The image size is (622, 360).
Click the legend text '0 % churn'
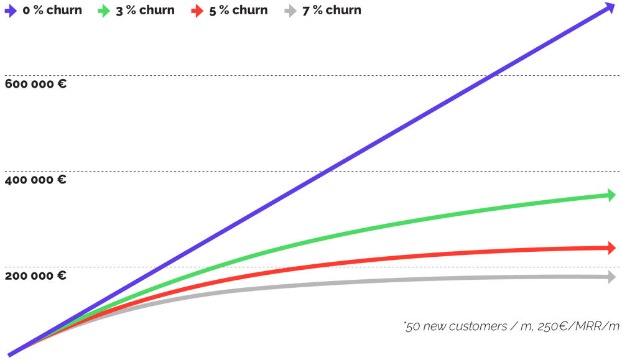[x=52, y=11]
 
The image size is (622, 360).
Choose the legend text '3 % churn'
[x=146, y=11]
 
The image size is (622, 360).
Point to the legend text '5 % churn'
[x=238, y=11]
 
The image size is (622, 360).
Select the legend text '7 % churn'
[x=332, y=11]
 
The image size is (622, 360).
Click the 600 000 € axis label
[x=35, y=84]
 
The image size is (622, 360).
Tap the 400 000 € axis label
[x=35, y=180]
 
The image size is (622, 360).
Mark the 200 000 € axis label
[x=35, y=276]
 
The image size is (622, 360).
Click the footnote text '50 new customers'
[x=444, y=326]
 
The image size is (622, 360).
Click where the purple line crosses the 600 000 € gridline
[x=491, y=76]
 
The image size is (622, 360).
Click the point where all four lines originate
[x=9, y=354]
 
